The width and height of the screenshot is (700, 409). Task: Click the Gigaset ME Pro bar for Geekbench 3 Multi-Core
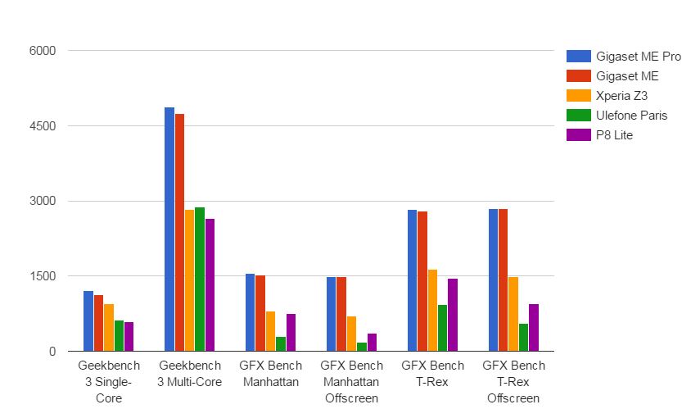[169, 229]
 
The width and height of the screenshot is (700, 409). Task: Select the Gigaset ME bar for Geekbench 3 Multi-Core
[179, 233]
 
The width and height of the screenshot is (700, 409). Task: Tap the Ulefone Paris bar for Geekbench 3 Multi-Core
[200, 279]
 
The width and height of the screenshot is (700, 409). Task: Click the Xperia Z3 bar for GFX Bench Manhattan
[270, 331]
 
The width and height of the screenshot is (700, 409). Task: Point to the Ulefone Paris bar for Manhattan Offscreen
[362, 347]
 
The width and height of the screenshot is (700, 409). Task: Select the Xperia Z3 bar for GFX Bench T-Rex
[432, 311]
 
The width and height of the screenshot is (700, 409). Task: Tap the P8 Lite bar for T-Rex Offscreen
[534, 328]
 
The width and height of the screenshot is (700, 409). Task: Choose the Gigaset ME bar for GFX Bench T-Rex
[422, 281]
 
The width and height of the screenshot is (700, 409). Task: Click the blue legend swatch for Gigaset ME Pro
[579, 57]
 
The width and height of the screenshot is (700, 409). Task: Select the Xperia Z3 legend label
[622, 96]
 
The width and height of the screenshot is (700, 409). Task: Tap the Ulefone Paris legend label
[631, 116]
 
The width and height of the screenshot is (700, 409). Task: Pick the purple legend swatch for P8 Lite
[579, 135]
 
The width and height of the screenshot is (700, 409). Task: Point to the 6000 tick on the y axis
[42, 51]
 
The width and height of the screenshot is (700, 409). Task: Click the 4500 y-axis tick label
[42, 126]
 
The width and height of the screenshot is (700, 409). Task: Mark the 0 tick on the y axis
[51, 352]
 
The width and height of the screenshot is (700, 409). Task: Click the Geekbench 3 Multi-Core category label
[190, 374]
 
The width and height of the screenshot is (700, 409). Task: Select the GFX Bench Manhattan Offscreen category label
[351, 382]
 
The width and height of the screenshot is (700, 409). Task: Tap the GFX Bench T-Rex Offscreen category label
[513, 382]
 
